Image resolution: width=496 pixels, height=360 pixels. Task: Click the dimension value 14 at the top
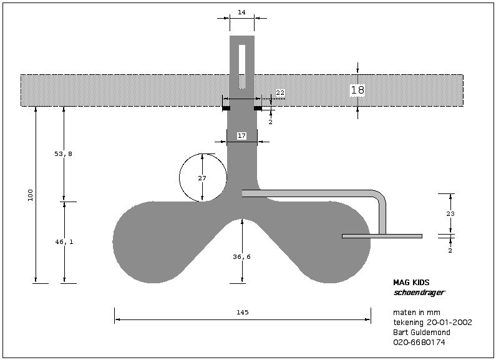(x=241, y=11)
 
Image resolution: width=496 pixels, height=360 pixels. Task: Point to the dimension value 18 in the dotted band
(x=357, y=90)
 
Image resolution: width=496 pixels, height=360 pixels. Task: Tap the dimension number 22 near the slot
(x=280, y=92)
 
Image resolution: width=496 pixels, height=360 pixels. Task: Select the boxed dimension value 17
(x=242, y=135)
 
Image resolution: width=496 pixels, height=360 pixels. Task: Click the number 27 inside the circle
(x=202, y=178)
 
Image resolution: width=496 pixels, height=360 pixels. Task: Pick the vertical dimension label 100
(x=31, y=195)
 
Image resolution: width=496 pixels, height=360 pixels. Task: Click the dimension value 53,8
(x=63, y=153)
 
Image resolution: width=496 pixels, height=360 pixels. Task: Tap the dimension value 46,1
(x=63, y=241)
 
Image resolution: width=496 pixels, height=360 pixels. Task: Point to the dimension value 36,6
(x=241, y=256)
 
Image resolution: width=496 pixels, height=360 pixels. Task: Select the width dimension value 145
(x=243, y=312)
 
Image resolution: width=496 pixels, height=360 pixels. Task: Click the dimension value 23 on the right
(x=451, y=214)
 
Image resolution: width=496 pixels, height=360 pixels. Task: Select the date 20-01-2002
(x=449, y=323)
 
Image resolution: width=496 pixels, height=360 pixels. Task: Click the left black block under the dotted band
(x=226, y=109)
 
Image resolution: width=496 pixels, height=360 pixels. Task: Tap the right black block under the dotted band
(x=258, y=109)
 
